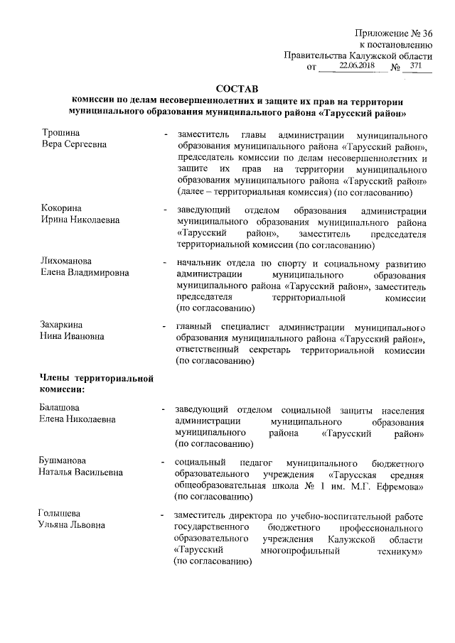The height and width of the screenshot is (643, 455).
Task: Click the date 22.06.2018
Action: click(x=356, y=65)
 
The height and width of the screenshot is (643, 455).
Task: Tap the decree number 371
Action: click(x=416, y=65)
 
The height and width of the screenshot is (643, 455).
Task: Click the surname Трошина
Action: click(x=60, y=133)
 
